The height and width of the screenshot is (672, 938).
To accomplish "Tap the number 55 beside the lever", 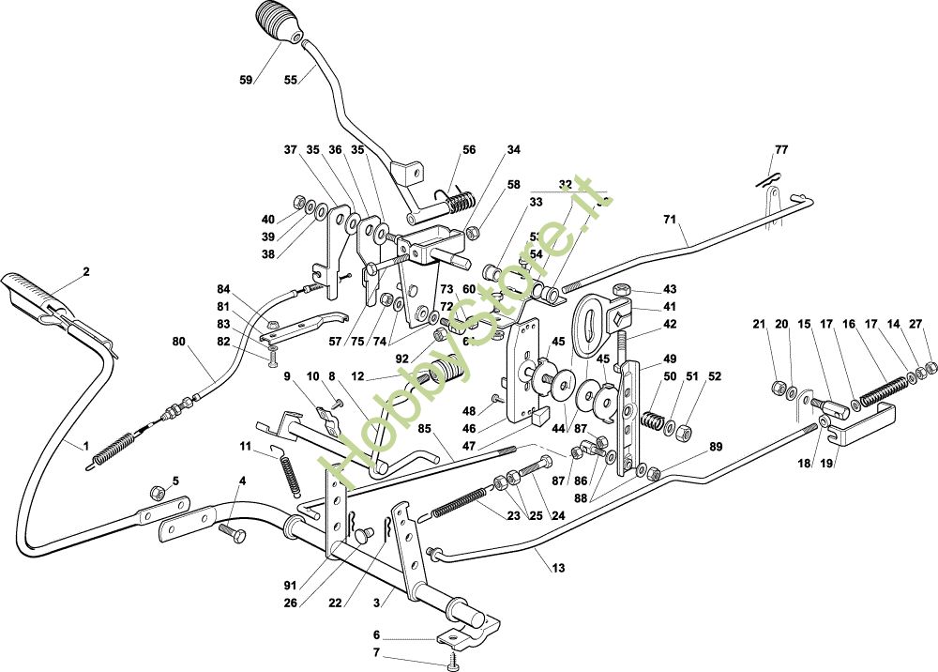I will (291, 81).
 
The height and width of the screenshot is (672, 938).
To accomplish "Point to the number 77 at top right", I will (781, 149).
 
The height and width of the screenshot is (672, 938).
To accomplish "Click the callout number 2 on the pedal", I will (85, 272).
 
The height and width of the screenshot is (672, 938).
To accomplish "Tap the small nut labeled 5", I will (158, 492).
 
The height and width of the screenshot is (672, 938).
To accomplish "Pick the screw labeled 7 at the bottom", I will (455, 665).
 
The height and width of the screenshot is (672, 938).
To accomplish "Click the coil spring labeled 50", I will (653, 410).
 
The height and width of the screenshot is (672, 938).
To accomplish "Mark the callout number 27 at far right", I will (915, 325).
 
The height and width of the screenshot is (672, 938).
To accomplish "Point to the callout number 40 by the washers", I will (268, 220).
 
